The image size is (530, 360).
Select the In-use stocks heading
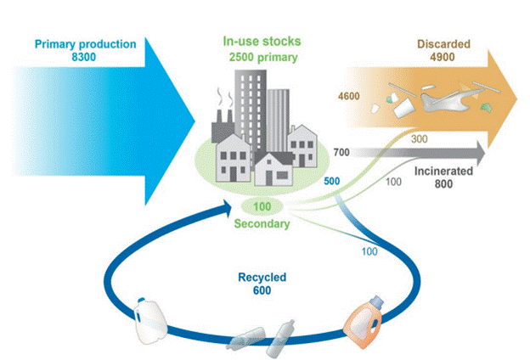tap(262, 42)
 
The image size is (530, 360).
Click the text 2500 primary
tap(261, 56)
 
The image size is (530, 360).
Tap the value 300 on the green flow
tap(419, 138)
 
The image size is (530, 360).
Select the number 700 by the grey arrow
tap(342, 153)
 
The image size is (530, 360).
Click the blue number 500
tap(334, 180)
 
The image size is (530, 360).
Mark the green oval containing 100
tap(262, 206)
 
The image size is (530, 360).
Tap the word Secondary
tap(262, 224)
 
